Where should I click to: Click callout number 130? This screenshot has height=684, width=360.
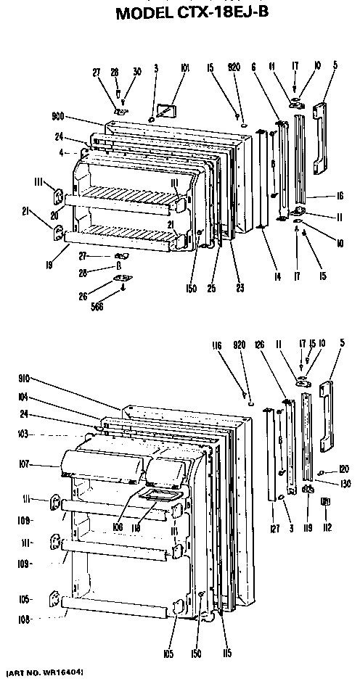(x=345, y=484)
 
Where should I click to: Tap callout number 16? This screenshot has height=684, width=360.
(x=338, y=196)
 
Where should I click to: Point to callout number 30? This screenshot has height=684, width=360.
(x=136, y=71)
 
